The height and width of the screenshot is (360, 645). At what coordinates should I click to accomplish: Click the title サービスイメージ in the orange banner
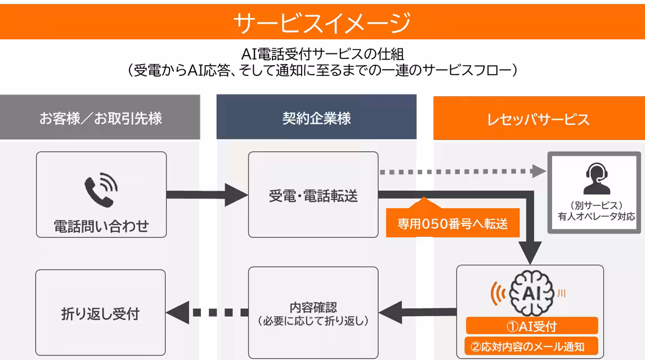[x=322, y=22]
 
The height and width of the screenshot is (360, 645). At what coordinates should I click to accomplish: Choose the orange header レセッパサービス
[x=539, y=118]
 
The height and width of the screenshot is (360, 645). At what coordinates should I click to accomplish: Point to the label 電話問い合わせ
[x=101, y=226]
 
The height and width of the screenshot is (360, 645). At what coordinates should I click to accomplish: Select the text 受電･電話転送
[x=313, y=196]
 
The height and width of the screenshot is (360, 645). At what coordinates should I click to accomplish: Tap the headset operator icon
[x=596, y=178]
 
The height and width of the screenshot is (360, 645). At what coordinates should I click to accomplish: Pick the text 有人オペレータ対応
[x=597, y=216]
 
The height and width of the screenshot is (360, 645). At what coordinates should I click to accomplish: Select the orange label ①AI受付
[x=532, y=326]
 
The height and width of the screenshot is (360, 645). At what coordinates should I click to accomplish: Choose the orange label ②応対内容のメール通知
[x=531, y=346]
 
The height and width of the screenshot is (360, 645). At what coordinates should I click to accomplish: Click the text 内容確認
[x=313, y=307]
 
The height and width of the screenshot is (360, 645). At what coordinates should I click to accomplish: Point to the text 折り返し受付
[x=100, y=313]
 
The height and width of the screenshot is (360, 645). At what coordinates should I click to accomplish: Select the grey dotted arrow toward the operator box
[x=463, y=172]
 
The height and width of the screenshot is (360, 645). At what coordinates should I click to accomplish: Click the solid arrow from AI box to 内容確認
[x=418, y=312]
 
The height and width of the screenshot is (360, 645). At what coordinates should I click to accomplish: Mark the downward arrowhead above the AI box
[x=530, y=252]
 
